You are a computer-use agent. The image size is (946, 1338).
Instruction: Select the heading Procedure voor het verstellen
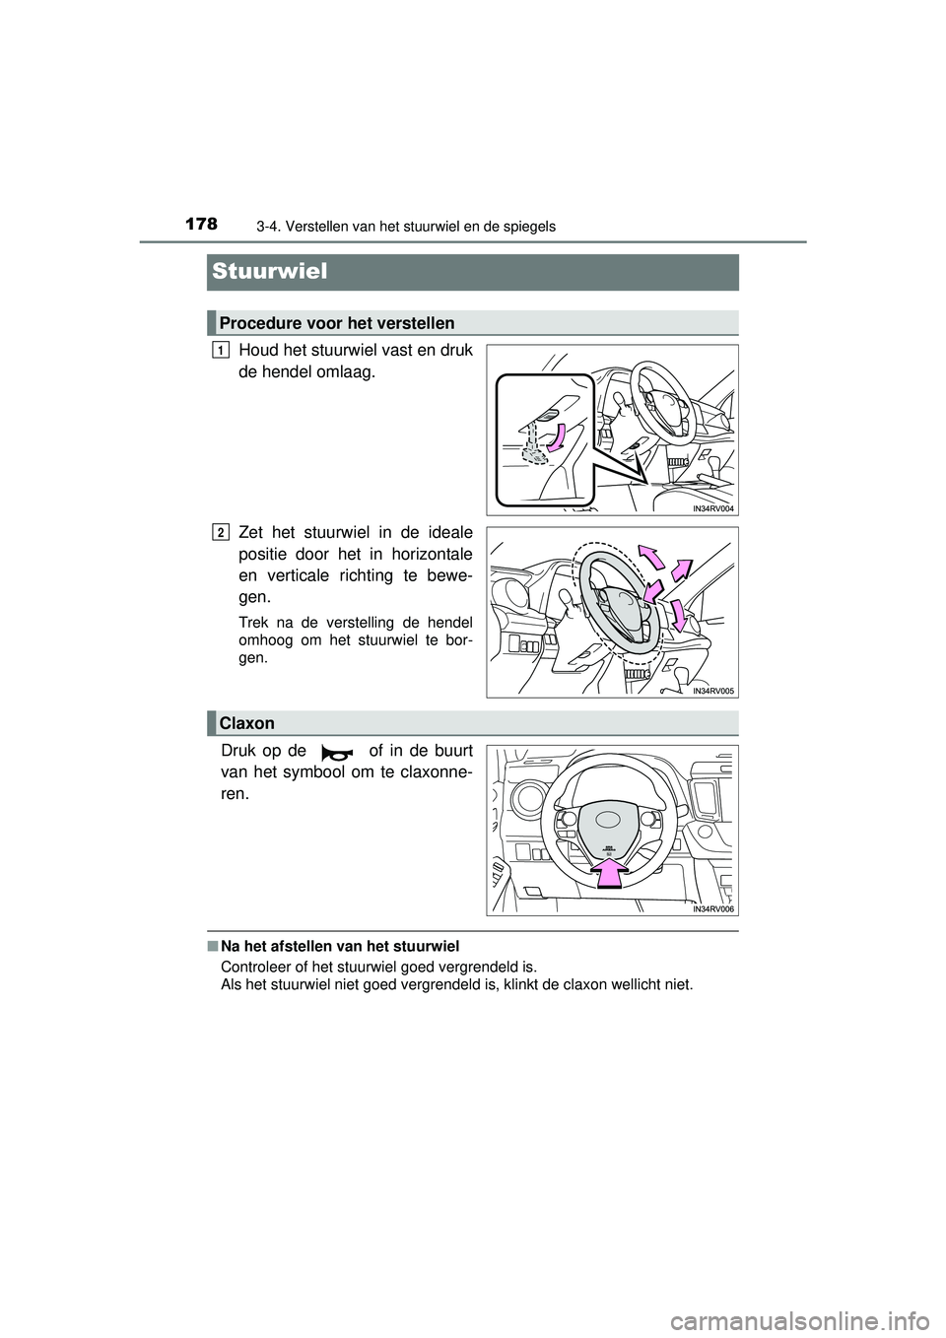point(337,323)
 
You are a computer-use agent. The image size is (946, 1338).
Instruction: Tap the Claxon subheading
point(246,723)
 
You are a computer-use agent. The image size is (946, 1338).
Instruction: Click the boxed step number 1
point(221,350)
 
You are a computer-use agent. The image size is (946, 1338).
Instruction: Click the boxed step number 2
point(221,533)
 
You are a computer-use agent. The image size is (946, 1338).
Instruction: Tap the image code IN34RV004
point(713,508)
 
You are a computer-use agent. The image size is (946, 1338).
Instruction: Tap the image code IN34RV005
point(713,692)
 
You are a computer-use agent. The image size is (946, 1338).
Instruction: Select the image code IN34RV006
point(713,909)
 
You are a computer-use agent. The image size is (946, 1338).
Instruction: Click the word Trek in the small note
point(253,622)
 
